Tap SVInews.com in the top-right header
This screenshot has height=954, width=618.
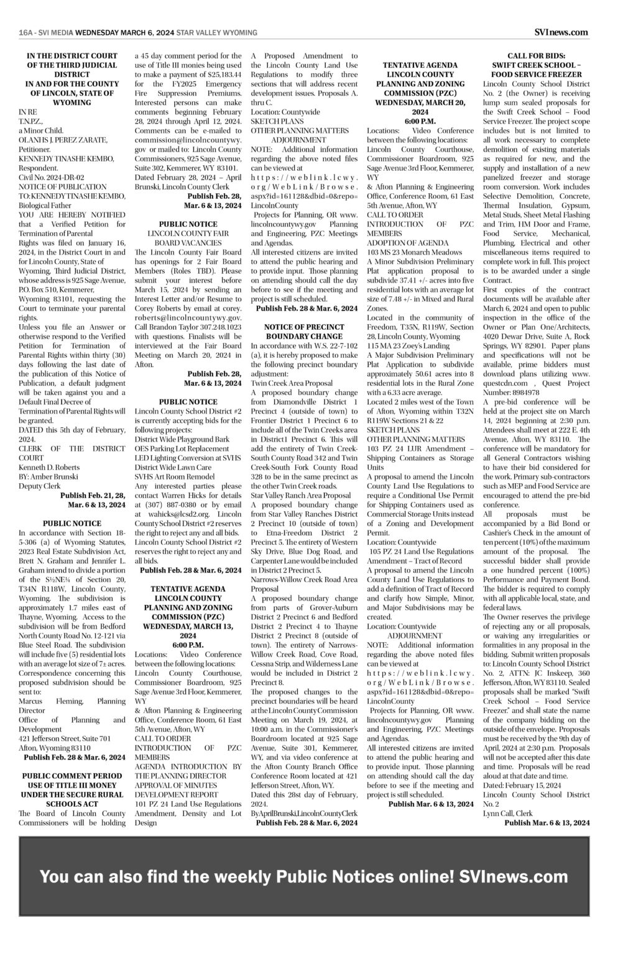click(x=560, y=32)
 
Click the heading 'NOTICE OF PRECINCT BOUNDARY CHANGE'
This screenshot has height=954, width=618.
click(x=304, y=332)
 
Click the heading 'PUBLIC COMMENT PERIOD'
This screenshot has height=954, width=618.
click(x=72, y=776)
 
